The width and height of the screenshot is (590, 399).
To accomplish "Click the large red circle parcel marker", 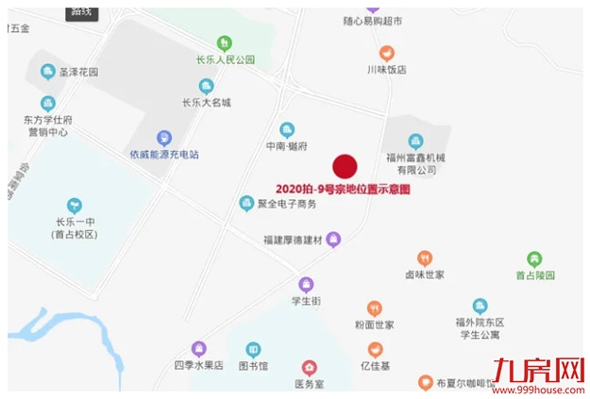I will pos(346,166).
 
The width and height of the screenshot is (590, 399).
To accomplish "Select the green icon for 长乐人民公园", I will pos(224,42).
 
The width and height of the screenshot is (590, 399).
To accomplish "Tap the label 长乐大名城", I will pos(207,102).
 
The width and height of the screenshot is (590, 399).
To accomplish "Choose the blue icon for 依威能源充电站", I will pos(164,138).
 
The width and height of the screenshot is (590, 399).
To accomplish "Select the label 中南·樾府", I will pos(287,147).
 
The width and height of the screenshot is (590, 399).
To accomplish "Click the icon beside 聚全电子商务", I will pos(246,203).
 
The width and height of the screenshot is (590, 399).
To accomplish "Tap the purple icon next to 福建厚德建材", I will pos(332,240).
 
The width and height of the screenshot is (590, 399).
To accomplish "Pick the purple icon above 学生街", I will pos(306,284).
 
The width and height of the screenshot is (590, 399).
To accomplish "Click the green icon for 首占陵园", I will pos(534,258).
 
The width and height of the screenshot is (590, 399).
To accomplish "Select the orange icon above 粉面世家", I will pos(375,308).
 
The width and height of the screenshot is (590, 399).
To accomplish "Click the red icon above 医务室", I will pos(309,367).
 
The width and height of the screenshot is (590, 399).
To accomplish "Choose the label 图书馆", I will pos(254,365).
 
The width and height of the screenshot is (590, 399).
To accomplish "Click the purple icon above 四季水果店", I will pos(198,348).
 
